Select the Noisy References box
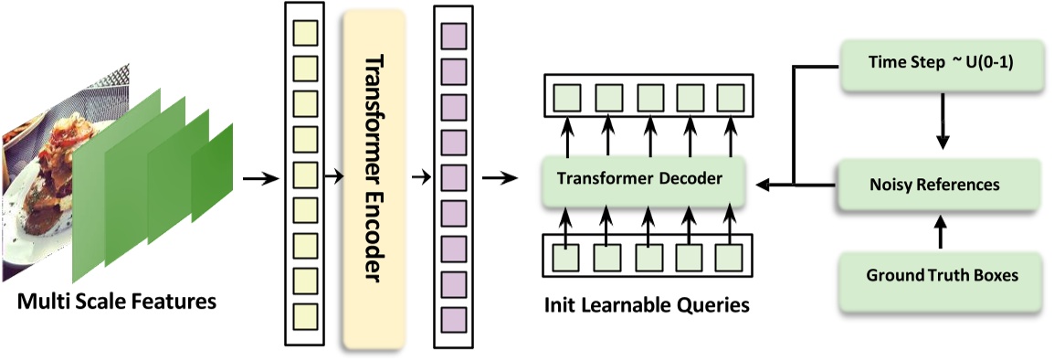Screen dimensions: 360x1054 (940, 184)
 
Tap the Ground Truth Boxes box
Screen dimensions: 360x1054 (940, 274)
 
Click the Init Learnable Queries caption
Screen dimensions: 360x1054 (646, 304)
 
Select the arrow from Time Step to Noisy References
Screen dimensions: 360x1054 (941, 122)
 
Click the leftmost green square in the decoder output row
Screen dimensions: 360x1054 (565, 96)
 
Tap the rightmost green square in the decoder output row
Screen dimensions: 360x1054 (730, 96)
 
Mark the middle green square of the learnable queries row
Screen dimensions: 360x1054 (648, 257)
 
